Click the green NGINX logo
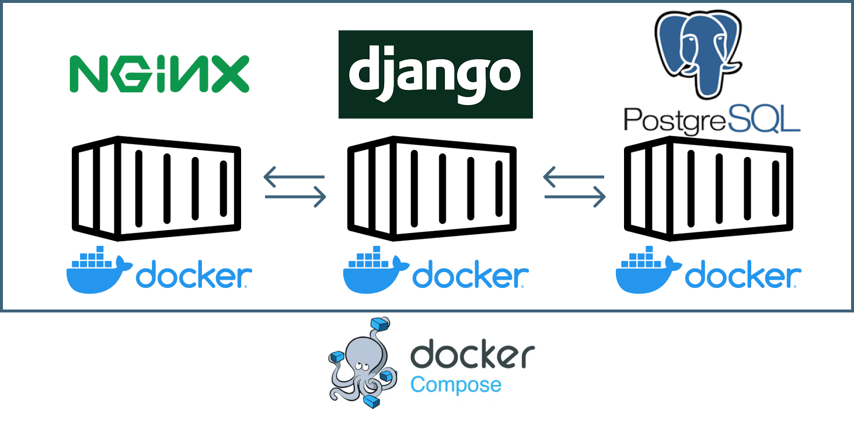(x=159, y=74)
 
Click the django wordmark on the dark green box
(x=435, y=74)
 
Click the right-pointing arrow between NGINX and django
(x=295, y=197)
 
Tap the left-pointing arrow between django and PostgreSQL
(x=573, y=176)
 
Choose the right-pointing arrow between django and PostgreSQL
(x=575, y=197)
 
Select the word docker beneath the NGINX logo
(x=193, y=276)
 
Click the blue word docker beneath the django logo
(x=469, y=276)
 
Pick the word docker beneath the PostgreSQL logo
(x=742, y=276)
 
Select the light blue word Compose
(x=456, y=385)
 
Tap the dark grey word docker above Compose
(x=473, y=355)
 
